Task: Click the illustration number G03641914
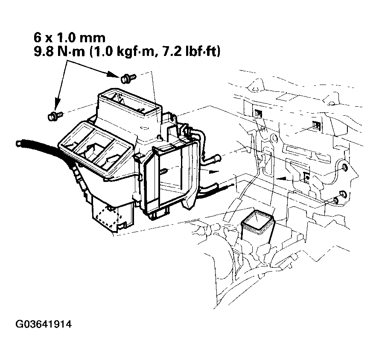pos(44,324)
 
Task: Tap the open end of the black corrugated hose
pos(18,142)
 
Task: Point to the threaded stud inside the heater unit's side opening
pos(164,172)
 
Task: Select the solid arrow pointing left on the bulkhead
pos(280,177)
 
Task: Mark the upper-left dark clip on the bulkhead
pos(258,113)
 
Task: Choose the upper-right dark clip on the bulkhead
pos(316,125)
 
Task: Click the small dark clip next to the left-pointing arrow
pos(306,176)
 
